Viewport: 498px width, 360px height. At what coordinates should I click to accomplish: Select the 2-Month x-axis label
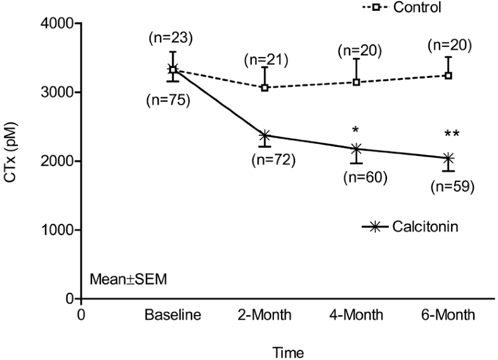click(265, 315)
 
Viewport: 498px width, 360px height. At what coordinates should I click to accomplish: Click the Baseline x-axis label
click(173, 315)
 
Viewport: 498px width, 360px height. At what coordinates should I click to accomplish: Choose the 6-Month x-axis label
click(448, 315)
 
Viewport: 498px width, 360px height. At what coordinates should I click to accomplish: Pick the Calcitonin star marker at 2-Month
click(265, 135)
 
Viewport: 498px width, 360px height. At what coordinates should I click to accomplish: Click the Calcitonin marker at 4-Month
click(357, 149)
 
